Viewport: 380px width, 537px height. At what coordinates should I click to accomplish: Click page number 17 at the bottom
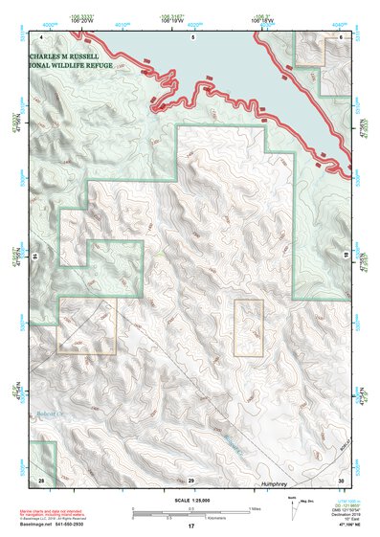190,526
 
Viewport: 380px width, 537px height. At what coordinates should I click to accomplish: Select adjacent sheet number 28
40,478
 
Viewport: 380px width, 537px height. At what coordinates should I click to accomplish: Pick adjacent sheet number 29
190,478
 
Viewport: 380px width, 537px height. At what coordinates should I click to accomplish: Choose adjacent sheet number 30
340,478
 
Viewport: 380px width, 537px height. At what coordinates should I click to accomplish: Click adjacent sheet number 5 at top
192,37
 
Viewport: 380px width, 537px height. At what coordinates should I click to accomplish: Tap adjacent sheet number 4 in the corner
41,37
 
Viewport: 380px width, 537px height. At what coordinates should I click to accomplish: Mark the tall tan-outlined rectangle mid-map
249,328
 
